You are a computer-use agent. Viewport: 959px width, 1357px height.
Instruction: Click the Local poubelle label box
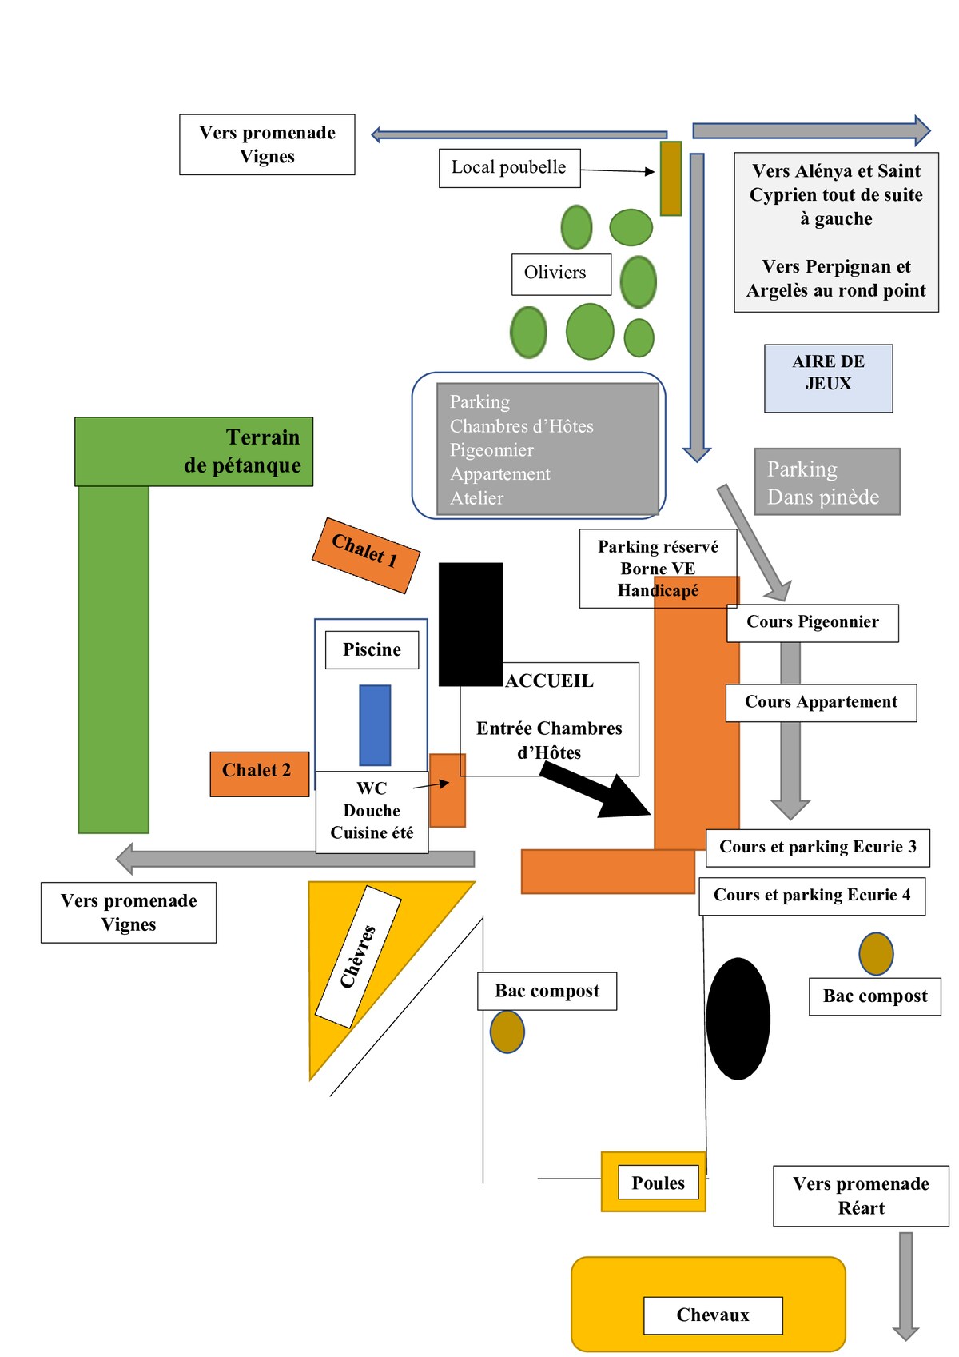509,168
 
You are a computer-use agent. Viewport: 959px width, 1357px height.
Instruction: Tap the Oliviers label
561,273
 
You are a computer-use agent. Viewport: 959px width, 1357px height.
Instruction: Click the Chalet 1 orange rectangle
365,555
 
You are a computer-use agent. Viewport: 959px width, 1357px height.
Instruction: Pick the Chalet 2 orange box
259,773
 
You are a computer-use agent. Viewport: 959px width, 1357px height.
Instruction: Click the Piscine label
372,649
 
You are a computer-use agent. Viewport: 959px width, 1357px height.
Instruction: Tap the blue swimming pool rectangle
375,724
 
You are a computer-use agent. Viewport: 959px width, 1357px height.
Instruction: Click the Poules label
658,1183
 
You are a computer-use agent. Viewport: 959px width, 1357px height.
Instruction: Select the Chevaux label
713,1315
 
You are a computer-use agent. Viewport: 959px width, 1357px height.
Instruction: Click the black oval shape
738,1018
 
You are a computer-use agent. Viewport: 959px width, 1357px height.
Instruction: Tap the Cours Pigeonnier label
812,622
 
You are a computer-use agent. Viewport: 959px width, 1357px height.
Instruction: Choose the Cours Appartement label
821,702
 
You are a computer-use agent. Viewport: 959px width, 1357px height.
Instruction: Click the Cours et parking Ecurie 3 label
818,848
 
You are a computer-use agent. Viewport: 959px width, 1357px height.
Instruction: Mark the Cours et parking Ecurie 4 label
812,896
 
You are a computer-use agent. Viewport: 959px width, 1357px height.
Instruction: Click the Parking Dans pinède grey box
826,481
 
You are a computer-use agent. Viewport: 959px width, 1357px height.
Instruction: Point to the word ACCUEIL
550,681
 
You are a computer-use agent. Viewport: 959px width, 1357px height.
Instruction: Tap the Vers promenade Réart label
861,1195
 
